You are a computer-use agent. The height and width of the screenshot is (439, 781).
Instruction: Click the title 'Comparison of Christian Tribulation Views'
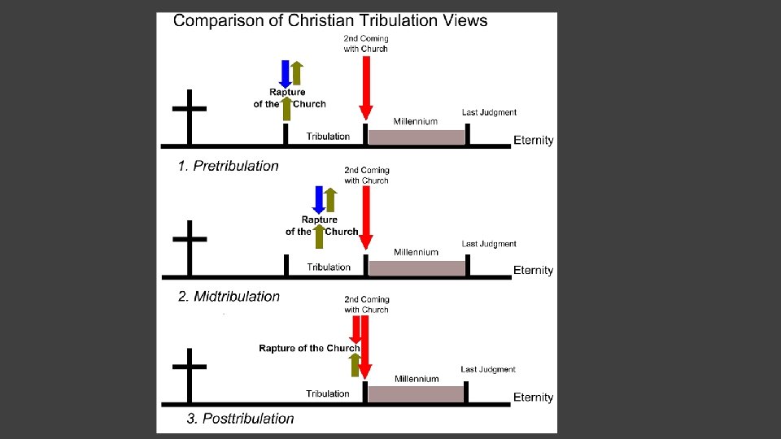point(330,21)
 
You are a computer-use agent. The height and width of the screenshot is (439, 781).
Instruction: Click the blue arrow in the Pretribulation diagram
point(286,73)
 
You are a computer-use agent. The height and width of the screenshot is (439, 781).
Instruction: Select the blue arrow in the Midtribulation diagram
point(319,199)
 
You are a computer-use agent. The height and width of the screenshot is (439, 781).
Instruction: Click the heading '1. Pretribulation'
point(228,166)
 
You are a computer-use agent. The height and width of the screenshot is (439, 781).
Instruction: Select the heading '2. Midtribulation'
point(229,297)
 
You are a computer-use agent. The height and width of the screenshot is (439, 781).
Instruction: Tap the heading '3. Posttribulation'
point(240,419)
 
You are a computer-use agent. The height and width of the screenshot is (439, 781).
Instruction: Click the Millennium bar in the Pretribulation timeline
point(417,137)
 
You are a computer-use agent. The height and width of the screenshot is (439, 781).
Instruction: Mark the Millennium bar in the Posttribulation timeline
point(417,394)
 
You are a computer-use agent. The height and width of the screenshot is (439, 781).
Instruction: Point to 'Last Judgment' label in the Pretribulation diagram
point(489,112)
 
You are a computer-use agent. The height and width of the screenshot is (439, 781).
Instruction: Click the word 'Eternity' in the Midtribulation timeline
point(534,270)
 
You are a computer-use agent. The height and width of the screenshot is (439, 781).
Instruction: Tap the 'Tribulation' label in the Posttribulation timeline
point(328,393)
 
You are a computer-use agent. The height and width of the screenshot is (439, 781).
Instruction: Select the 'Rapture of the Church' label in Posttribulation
point(309,349)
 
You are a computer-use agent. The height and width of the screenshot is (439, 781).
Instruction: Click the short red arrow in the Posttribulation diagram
point(356,328)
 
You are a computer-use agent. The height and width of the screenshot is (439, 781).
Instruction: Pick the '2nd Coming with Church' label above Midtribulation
point(366,176)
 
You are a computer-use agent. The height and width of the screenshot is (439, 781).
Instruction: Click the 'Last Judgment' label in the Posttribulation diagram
point(488,369)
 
